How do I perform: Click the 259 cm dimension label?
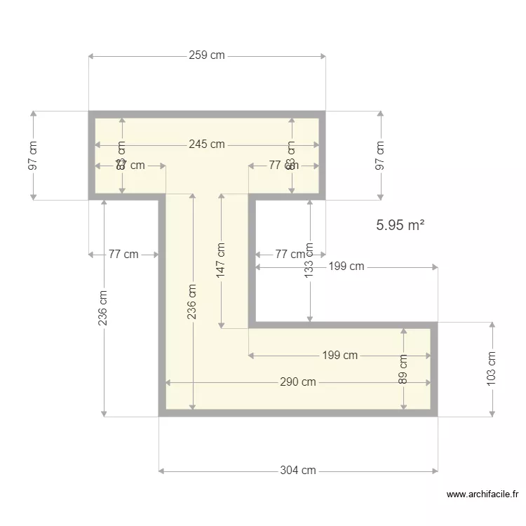[207, 55]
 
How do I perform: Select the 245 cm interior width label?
[207, 144]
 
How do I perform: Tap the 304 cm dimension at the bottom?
[298, 471]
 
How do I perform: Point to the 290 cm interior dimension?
[298, 382]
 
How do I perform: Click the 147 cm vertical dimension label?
[221, 261]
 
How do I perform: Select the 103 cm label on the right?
[492, 367]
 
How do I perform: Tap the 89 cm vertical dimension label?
[403, 369]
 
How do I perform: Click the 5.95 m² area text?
[400, 225]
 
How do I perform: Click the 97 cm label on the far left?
[33, 155]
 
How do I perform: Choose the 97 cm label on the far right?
[381, 155]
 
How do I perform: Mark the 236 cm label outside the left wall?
[104, 307]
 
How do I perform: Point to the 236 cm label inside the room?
[192, 302]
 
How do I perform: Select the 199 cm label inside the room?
[340, 356]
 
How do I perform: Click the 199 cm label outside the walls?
[346, 267]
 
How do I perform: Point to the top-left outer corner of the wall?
[89, 112]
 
